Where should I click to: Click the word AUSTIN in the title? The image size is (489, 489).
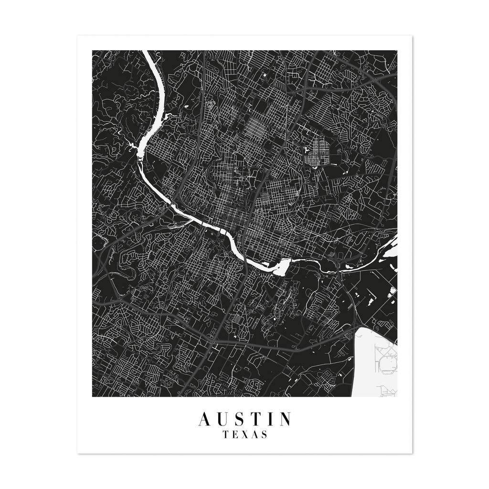coord(244,419)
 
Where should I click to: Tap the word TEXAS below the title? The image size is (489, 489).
coord(244,435)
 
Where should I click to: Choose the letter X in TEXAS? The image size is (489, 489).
coord(245,435)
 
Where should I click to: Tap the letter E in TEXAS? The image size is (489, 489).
coord(235,435)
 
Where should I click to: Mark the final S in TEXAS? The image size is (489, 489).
coord(264,435)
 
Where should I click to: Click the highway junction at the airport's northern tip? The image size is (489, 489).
coord(359,327)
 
